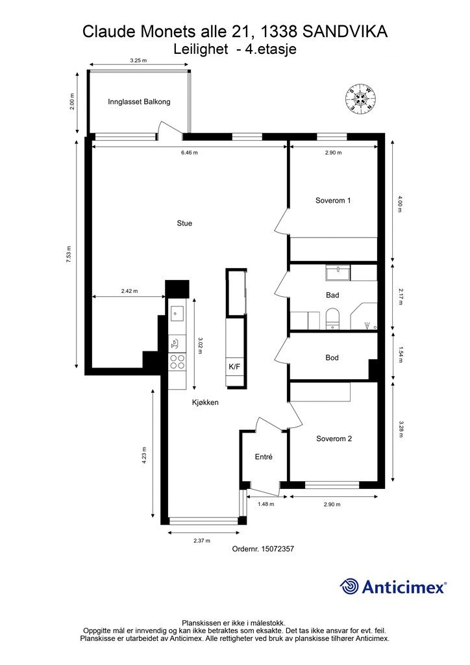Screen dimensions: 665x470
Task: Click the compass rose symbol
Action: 361,99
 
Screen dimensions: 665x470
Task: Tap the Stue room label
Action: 184,223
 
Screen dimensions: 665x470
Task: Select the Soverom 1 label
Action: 333,201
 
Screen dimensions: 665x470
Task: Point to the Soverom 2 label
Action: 334,438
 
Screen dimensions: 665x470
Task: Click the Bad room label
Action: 332,295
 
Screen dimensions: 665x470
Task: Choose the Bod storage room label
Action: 332,358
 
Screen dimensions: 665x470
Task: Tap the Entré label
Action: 262,457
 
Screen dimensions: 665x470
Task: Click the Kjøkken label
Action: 204,402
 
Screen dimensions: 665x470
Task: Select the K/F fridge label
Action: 234,367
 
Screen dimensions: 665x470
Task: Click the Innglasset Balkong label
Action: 139,102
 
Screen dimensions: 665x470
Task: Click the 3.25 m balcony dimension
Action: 138,60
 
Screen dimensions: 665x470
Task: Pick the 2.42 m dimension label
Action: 129,292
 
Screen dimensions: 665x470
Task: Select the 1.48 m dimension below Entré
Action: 266,504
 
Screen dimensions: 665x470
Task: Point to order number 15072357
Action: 263,549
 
